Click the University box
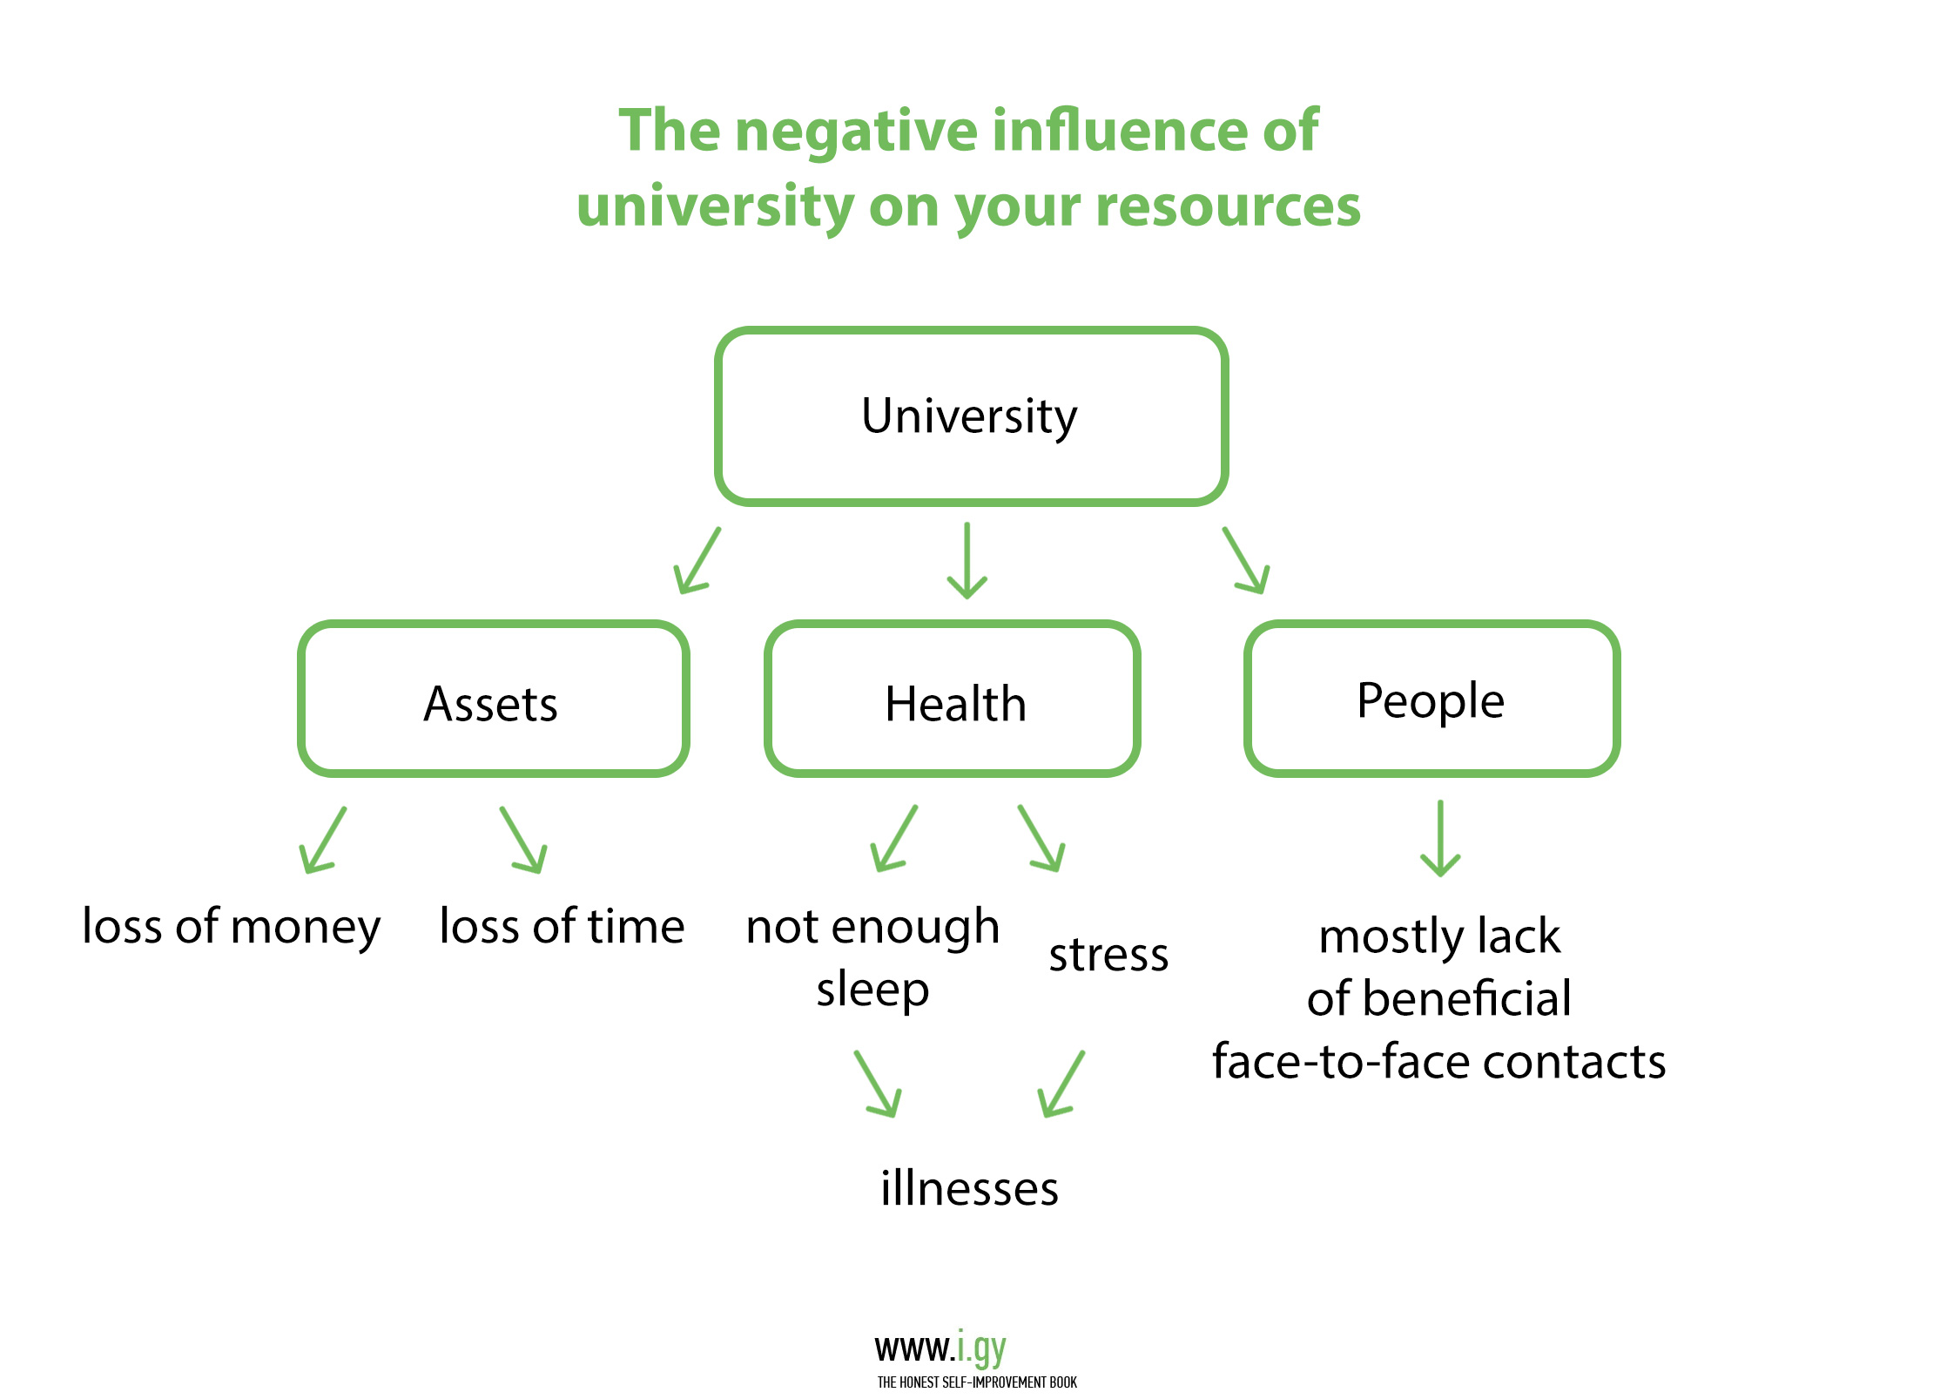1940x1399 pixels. [970, 416]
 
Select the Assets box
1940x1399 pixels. [493, 699]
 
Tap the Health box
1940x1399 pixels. [953, 699]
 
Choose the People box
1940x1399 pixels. [1431, 699]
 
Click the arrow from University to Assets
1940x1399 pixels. [697, 562]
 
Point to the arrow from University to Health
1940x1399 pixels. [967, 561]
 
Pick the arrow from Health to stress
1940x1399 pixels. [1041, 839]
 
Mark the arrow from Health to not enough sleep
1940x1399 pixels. [893, 839]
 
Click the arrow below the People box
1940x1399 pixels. [1440, 838]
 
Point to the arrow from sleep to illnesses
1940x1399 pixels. [878, 1085]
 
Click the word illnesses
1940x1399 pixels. [969, 1189]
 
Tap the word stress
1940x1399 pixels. [1108, 956]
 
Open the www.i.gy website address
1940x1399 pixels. [940, 1348]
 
